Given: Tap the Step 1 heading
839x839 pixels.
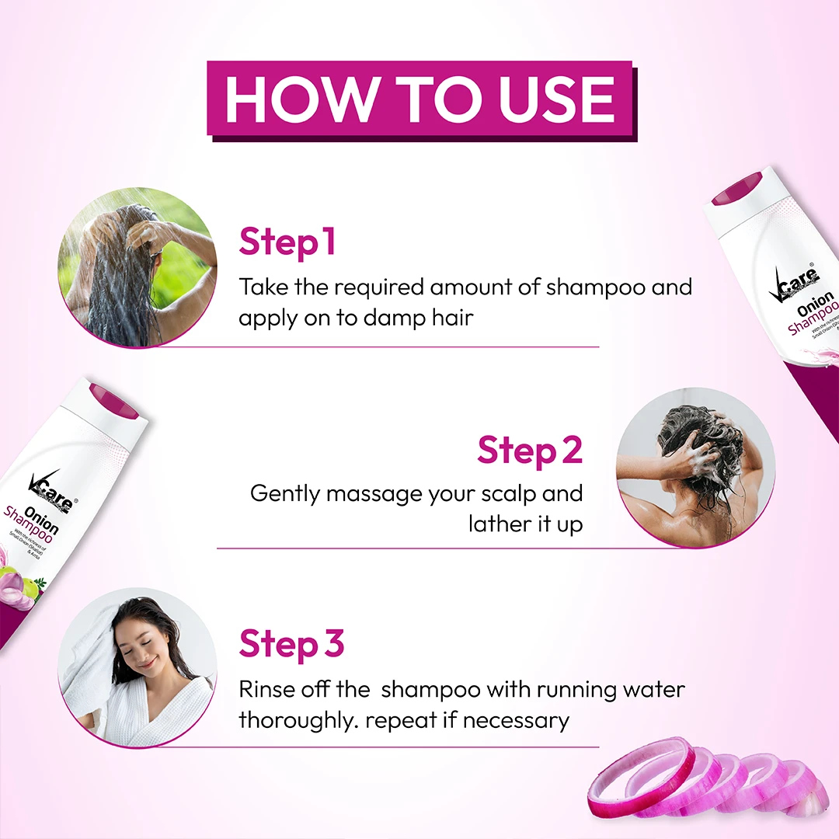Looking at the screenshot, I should pos(287,242).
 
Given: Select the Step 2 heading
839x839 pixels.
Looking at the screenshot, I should pos(529,451).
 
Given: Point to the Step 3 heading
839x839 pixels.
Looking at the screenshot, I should pos(291,644).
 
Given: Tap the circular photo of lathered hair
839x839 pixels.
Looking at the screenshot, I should pos(695,467).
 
